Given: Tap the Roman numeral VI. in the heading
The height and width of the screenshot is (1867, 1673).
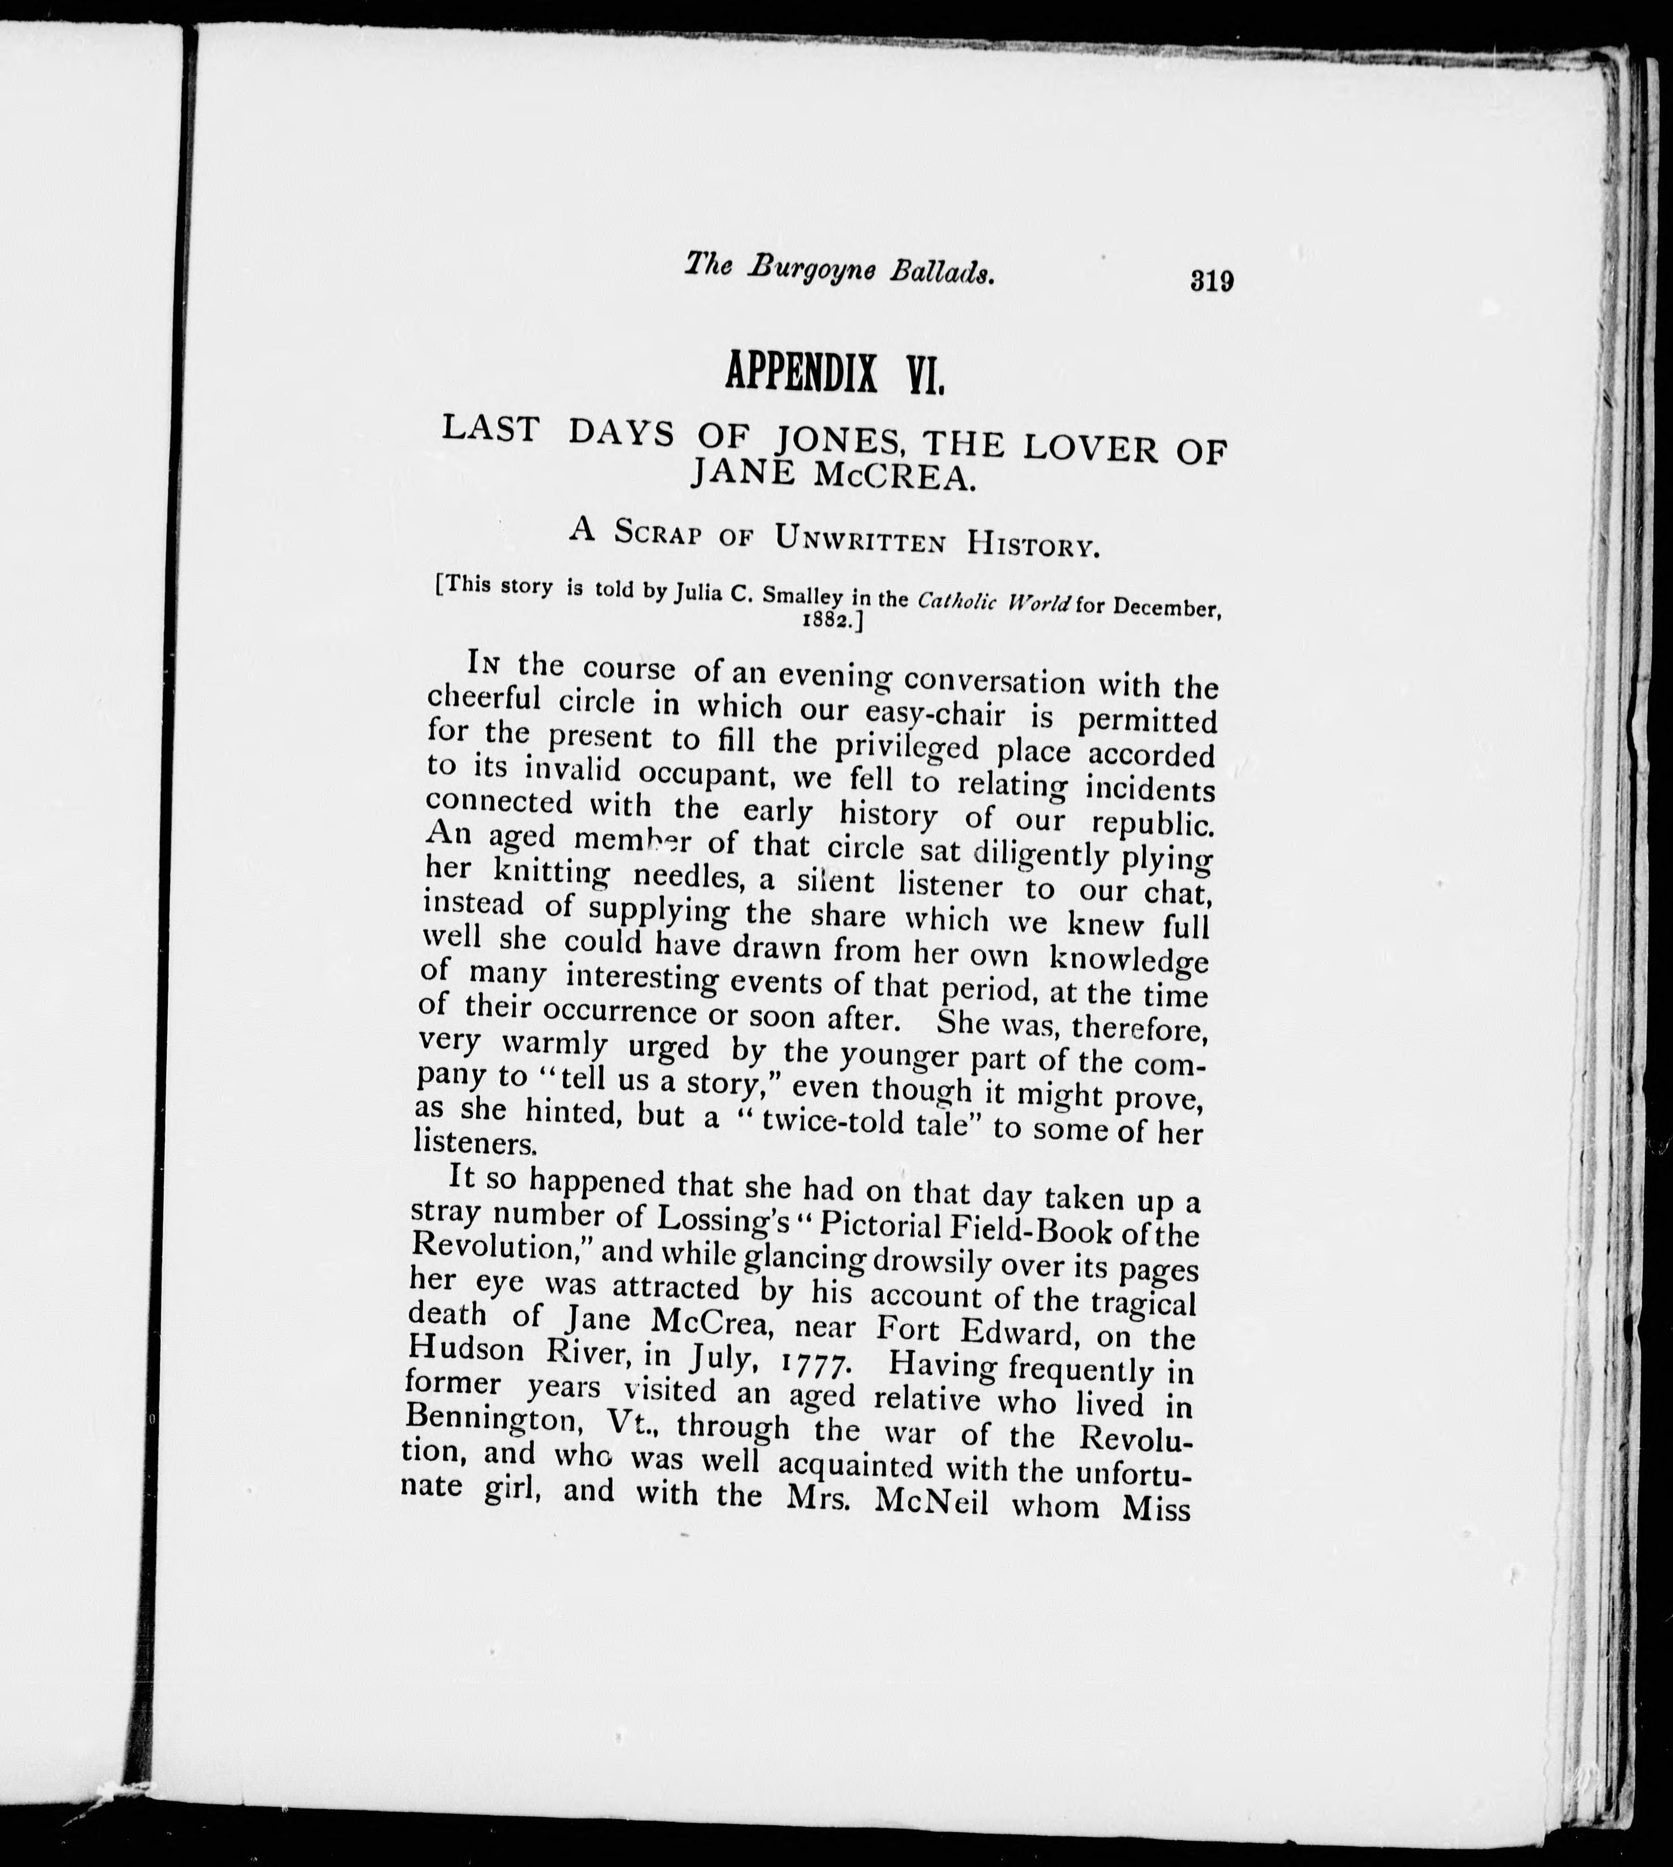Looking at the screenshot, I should click(925, 378).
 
